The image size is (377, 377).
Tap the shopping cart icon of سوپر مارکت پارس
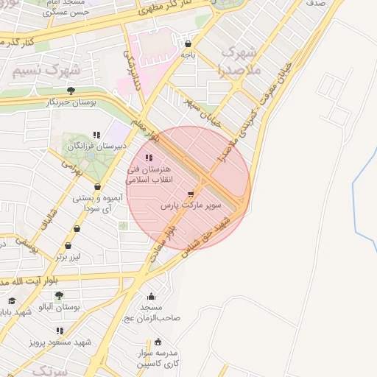tap(191, 195)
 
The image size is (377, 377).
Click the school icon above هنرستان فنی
tap(149, 158)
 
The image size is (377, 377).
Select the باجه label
tap(188, 54)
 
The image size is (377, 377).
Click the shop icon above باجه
tap(188, 43)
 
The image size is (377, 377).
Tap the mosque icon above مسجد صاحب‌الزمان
tap(151, 296)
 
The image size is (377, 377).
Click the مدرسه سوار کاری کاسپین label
tap(158, 358)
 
